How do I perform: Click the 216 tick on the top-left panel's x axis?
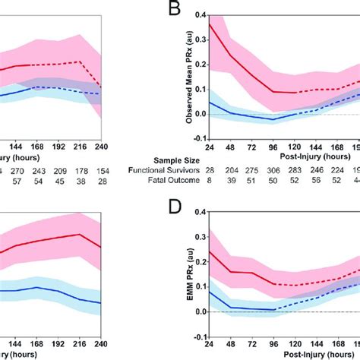(x=78, y=147)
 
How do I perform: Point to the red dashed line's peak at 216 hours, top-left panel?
(x=78, y=62)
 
